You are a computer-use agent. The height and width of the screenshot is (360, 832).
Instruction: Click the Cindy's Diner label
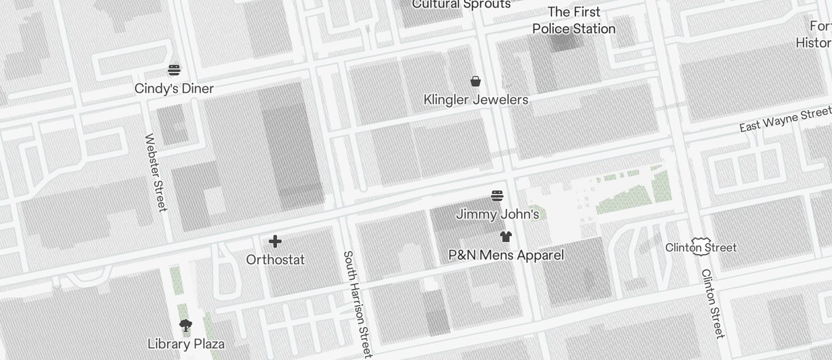174,88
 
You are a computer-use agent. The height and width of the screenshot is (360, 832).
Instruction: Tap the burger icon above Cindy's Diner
174,70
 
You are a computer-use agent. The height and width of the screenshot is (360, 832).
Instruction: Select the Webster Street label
156,172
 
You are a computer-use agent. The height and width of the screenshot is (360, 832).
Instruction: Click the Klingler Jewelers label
476,100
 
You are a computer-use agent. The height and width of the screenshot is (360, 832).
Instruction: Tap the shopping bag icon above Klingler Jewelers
476,81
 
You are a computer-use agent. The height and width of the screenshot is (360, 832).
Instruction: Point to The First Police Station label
574,20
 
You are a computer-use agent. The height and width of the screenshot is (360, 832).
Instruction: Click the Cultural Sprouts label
461,5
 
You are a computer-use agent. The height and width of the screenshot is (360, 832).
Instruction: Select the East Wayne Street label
785,119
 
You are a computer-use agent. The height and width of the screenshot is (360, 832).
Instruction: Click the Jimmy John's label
497,214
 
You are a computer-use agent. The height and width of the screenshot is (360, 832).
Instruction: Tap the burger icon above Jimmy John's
497,195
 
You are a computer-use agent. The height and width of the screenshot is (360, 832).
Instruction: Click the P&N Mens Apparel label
506,255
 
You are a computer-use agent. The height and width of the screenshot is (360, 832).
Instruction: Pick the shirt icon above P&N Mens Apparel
506,237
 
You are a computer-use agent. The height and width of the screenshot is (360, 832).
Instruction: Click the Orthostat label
275,259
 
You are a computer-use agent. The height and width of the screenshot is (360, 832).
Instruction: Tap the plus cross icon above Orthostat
275,241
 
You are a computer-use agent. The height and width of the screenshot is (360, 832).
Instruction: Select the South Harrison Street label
356,304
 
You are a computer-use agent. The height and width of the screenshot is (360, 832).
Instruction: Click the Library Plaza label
186,344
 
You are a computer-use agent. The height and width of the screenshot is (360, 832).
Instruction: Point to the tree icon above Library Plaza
186,326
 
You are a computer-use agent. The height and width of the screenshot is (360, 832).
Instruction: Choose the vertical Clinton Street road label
712,303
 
